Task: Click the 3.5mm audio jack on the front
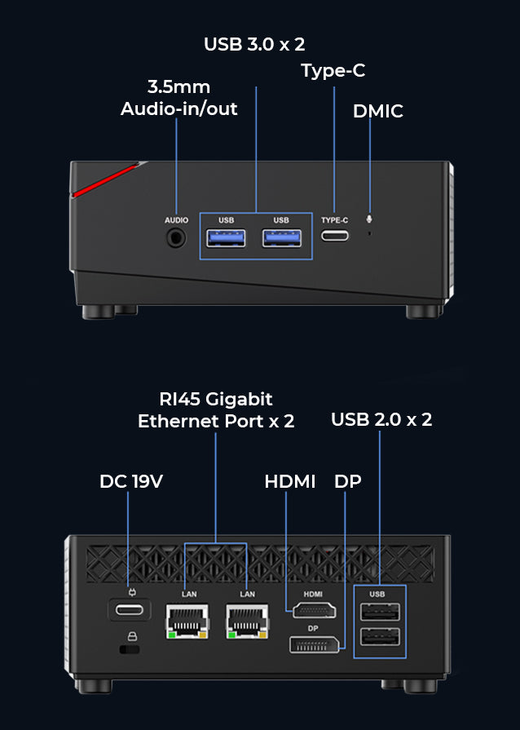click(x=176, y=237)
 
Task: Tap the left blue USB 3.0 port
click(x=227, y=238)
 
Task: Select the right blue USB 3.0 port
click(x=281, y=238)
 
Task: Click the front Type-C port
click(x=334, y=236)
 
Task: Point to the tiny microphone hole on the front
click(x=371, y=234)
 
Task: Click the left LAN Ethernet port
click(x=186, y=622)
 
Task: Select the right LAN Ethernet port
click(x=246, y=622)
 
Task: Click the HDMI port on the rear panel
click(x=313, y=609)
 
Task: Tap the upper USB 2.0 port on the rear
click(x=380, y=612)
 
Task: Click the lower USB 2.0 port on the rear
click(x=380, y=638)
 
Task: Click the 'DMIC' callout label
click(x=378, y=112)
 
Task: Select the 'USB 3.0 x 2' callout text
click(x=254, y=44)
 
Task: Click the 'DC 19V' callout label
click(x=131, y=481)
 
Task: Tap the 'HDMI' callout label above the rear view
click(x=290, y=481)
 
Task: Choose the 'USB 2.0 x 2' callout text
click(x=381, y=419)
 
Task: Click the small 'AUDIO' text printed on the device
click(x=176, y=220)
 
